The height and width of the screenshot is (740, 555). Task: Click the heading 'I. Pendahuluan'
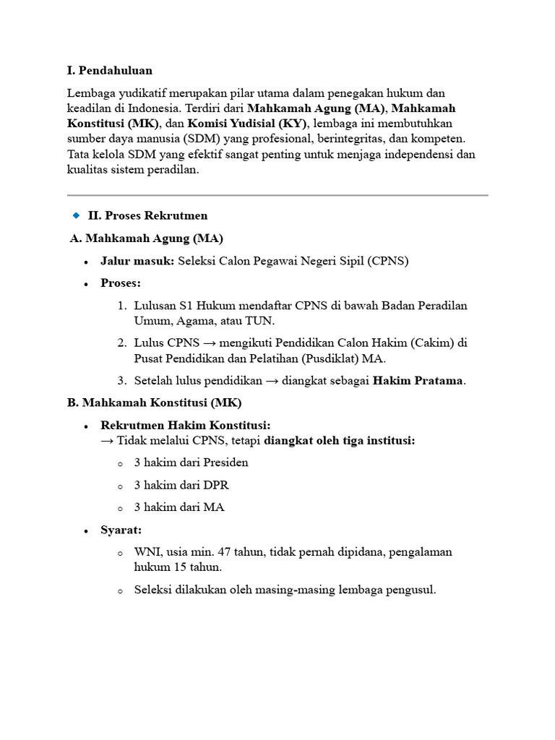[110, 71]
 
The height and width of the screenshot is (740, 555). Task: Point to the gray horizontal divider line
[277, 195]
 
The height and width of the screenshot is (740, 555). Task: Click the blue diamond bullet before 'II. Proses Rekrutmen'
[76, 215]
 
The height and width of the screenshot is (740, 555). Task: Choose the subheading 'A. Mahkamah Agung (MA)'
[147, 238]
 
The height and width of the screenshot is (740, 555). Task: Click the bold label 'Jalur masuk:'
[137, 261]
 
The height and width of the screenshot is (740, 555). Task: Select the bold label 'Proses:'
[121, 283]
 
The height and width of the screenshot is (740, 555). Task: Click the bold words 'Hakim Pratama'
[418, 381]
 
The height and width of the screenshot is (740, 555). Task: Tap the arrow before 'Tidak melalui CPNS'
[108, 441]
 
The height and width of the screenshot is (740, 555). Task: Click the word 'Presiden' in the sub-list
[225, 462]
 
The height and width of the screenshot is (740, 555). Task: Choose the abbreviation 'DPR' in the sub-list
[215, 485]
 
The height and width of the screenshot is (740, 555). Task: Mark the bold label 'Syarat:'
[121, 530]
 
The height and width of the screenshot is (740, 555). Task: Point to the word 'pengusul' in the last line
[410, 590]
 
